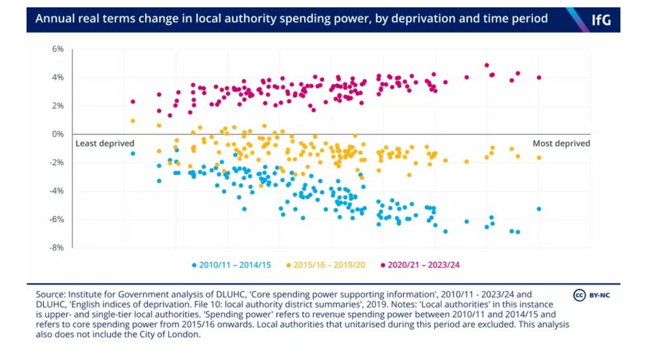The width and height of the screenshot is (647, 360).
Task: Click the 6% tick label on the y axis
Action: (58, 49)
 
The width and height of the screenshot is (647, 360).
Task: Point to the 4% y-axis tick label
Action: (58, 78)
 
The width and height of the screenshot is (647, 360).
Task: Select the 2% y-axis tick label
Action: (58, 106)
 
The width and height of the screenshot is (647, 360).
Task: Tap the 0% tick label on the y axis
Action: (58, 134)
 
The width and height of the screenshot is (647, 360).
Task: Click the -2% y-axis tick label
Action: (57, 163)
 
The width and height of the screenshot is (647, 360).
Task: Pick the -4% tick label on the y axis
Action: (57, 191)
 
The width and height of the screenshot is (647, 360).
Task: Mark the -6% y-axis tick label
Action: (57, 219)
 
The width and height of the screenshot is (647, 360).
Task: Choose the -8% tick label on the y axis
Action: (57, 247)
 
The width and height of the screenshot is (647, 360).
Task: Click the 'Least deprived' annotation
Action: (105, 144)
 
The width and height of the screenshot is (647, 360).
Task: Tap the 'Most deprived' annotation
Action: (562, 144)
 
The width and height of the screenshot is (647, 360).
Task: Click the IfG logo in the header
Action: (601, 19)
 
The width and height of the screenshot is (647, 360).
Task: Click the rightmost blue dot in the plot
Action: (539, 209)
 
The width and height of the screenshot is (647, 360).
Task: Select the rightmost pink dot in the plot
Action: (539, 78)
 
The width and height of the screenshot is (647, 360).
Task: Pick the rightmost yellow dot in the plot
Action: (539, 158)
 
